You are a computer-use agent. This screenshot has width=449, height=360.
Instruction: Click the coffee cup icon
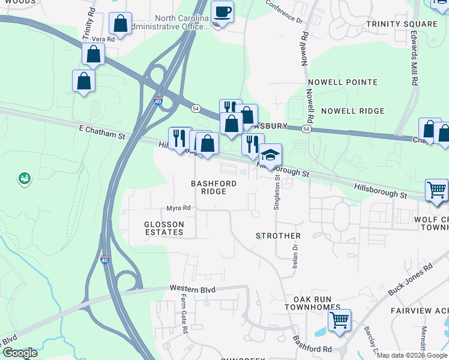point(222,12)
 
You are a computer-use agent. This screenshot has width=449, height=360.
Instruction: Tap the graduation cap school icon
point(270,155)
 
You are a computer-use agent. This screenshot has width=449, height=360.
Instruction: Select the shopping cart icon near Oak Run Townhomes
point(340,320)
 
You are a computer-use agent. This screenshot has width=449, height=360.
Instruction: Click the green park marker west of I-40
point(24,178)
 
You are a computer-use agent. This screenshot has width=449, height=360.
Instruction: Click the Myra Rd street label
point(178,208)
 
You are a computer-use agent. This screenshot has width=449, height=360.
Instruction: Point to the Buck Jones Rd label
point(410,280)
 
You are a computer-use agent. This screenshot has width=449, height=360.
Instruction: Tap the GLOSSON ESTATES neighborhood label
point(164,228)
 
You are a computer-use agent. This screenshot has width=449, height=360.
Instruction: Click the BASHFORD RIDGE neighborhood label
point(214,187)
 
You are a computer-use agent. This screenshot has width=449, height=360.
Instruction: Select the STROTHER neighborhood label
point(278,236)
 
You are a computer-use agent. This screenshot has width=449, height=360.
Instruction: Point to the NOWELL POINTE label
point(342,82)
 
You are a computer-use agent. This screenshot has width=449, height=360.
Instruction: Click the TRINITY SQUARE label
point(402,24)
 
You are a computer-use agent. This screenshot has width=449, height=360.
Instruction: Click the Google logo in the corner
point(20,353)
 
